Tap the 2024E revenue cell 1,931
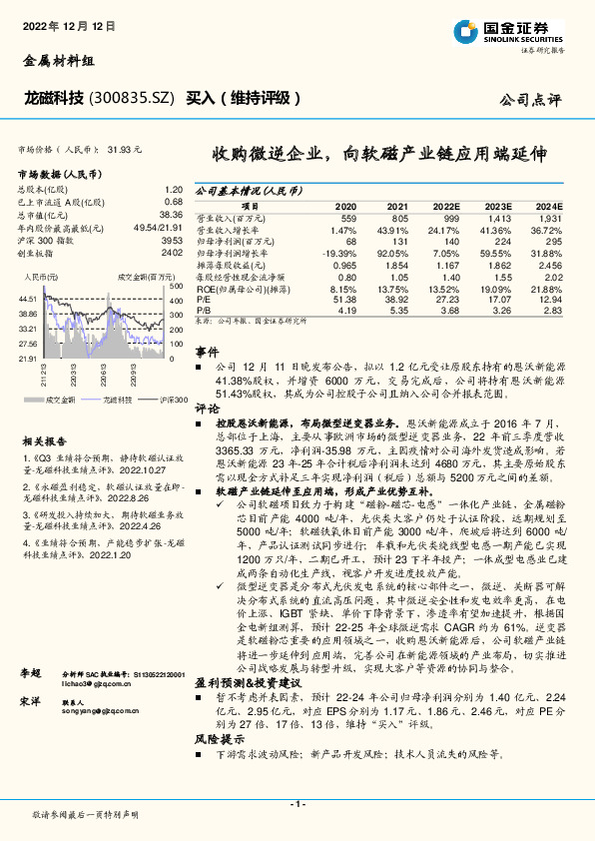[x=551, y=217]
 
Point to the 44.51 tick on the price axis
[x=27, y=298]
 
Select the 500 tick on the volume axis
[x=174, y=287]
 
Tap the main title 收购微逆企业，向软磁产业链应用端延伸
[x=379, y=155]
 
